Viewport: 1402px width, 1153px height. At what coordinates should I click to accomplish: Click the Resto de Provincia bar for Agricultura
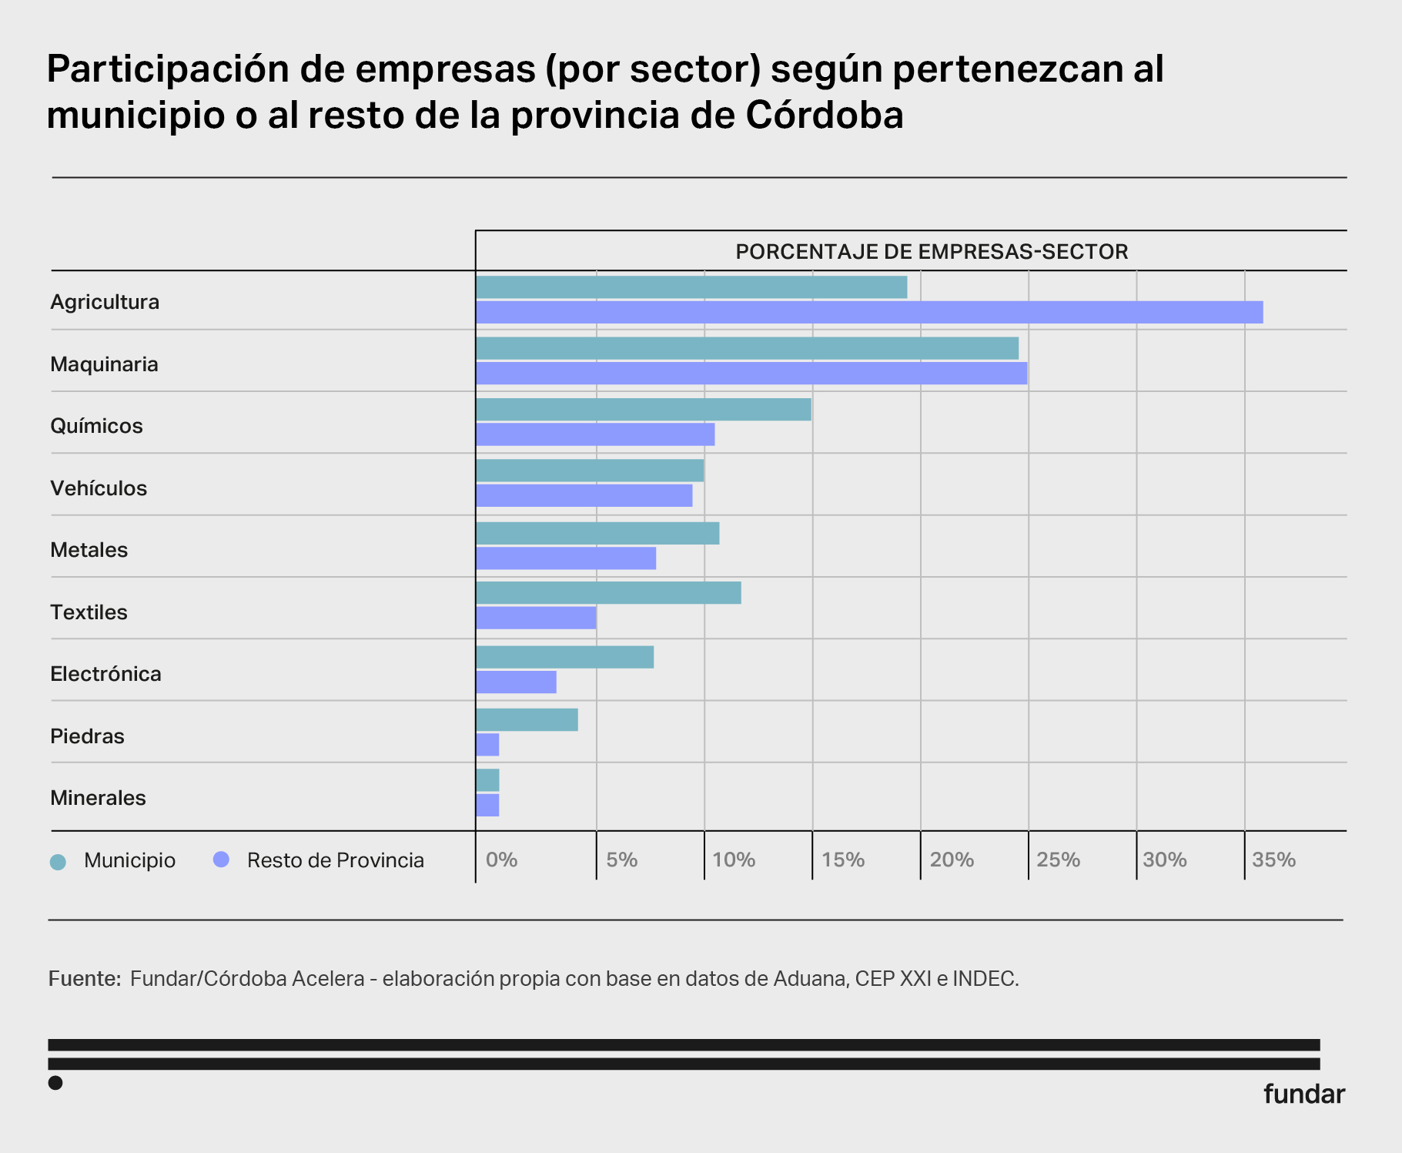coord(869,312)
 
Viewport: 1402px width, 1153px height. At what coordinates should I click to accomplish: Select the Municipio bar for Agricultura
coord(691,287)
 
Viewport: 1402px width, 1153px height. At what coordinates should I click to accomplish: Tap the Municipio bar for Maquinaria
coord(747,348)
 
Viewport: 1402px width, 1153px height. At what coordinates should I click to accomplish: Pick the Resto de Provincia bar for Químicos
coord(595,434)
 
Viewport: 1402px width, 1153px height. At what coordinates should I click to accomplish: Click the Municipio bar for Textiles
coord(608,593)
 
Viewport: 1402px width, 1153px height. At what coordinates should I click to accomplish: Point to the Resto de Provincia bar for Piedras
coord(487,745)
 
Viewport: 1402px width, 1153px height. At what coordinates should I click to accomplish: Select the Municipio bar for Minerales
coord(487,780)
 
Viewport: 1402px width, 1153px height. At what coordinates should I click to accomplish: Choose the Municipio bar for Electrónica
coord(564,657)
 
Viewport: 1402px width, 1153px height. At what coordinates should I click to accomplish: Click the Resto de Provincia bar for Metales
coord(566,558)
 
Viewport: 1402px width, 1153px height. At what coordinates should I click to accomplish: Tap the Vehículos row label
coord(99,488)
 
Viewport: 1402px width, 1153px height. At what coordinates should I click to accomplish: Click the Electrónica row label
coord(105,674)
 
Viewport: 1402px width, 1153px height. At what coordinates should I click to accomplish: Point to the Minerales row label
coord(98,798)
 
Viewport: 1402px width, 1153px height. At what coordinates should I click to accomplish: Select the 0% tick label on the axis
coord(501,860)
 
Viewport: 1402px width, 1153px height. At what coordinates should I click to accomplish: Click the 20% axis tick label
coord(952,860)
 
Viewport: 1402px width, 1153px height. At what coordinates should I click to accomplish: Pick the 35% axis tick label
coord(1273,860)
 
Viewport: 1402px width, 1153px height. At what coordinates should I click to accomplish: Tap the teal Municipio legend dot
coord(58,861)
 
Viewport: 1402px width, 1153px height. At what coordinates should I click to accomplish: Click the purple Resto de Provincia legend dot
coord(221,860)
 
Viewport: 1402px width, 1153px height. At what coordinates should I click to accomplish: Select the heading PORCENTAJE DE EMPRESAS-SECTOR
coord(932,252)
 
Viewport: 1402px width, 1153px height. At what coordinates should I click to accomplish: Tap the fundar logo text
coord(1303,1094)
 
